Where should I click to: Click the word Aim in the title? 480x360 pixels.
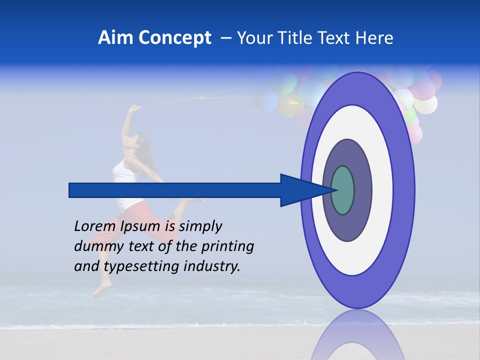pos(115,38)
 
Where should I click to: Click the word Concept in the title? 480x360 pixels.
pos(174,38)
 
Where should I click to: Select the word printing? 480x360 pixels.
pos(226,247)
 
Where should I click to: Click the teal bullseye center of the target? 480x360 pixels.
pos(343,190)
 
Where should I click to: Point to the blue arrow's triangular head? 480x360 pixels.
pos(300,190)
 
